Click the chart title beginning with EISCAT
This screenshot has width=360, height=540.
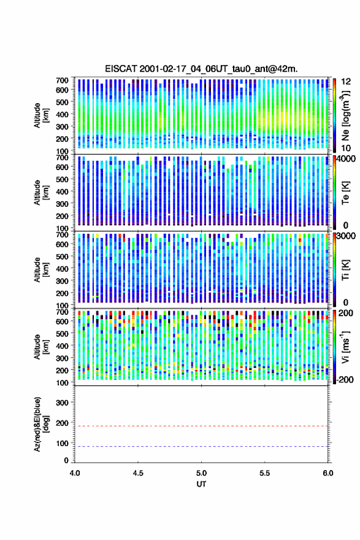201,69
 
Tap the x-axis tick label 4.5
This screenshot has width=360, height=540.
138,473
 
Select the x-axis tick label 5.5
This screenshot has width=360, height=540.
265,473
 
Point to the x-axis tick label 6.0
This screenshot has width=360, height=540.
328,473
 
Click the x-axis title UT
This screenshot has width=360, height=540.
201,484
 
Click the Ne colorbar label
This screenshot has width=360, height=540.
345,115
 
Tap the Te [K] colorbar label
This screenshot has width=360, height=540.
345,193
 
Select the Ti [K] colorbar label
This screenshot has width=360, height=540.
345,270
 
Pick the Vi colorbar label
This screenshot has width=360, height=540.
345,347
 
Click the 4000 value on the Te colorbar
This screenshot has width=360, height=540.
345,159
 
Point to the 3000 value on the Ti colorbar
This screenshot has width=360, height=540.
345,236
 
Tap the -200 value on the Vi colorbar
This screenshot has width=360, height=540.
345,379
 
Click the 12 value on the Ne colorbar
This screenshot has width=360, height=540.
345,82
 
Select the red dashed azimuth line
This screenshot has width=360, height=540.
201,426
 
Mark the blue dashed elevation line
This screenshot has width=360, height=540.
201,446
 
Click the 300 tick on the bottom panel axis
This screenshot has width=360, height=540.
63,403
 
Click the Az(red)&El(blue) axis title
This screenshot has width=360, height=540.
41,425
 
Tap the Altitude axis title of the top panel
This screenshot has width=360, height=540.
41,115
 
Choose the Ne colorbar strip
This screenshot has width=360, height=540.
334,115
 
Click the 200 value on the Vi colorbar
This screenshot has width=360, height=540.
345,313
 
